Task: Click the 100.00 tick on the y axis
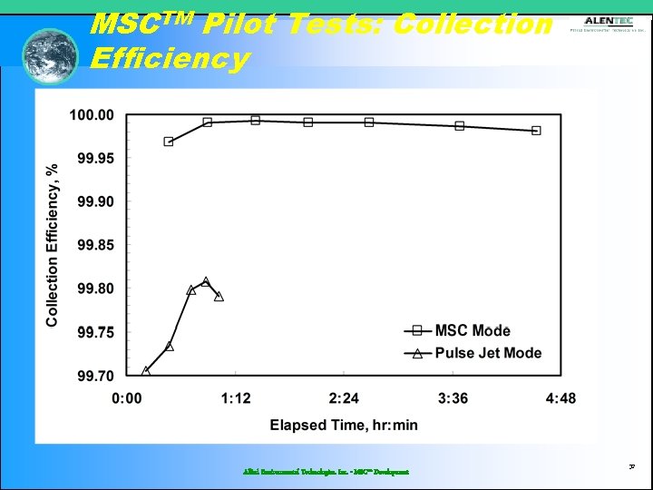93,115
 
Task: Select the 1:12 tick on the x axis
236,397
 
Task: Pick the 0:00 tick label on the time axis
128,397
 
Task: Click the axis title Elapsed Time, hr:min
344,425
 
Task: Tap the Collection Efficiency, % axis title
53,245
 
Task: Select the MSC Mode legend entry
472,331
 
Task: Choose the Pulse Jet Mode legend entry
487,353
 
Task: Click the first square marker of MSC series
169,142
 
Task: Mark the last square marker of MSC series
536,131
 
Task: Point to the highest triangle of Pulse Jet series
206,282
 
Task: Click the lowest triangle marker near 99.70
146,371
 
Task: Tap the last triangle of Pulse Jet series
219,297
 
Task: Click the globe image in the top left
51,55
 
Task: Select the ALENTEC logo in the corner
609,24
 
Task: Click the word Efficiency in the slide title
170,59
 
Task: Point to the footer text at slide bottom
326,472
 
